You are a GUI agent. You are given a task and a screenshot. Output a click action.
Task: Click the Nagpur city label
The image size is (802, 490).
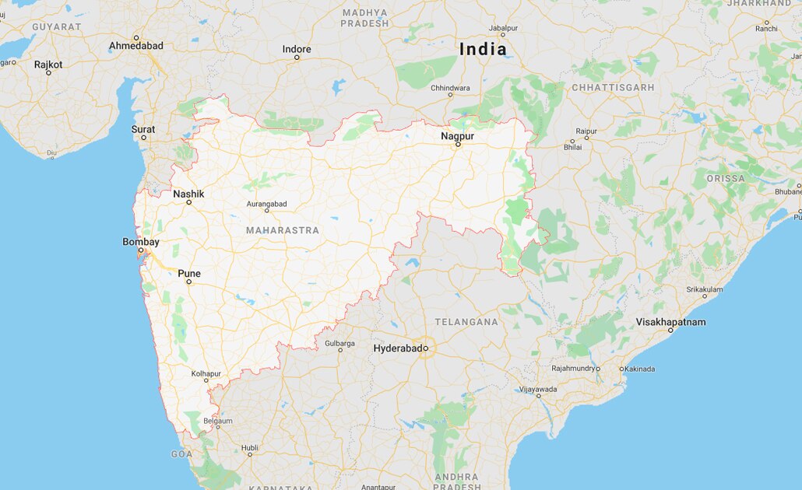tap(457, 136)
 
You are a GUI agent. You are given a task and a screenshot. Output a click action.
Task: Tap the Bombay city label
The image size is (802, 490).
tap(141, 242)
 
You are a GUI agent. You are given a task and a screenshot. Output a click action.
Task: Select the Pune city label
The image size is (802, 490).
tap(189, 273)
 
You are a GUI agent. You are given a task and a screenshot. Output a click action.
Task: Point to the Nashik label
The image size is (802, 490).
tap(188, 194)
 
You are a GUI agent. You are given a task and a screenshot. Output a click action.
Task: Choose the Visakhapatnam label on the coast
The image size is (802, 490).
tap(670, 321)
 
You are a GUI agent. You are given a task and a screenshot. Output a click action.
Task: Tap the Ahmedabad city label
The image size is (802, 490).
tap(136, 46)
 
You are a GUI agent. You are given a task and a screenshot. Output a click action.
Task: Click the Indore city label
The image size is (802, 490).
tap(297, 49)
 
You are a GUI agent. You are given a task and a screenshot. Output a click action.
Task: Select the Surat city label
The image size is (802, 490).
tap(143, 129)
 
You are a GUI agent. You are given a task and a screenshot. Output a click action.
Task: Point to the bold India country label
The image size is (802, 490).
tap(483, 49)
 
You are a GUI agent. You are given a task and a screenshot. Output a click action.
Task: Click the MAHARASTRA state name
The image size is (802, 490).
tap(283, 230)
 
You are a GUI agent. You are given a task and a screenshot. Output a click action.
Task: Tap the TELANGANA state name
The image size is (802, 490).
tap(466, 321)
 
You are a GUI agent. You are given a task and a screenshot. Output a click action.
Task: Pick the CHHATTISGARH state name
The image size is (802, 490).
tap(613, 88)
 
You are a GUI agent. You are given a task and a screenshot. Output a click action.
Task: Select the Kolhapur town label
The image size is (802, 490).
tap(206, 373)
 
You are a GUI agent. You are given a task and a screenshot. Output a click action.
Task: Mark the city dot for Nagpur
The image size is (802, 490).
tap(459, 145)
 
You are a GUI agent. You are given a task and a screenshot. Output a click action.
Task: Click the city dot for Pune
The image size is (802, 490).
tap(188, 282)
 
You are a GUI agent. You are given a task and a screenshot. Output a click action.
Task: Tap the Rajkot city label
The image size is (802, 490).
tap(48, 64)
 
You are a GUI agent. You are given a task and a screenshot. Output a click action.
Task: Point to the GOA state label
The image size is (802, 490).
tap(181, 453)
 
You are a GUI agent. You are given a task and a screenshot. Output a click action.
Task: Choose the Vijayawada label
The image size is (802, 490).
tap(538, 388)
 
